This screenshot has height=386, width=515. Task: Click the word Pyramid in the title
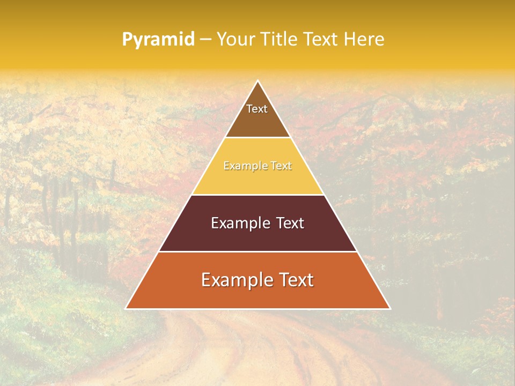coord(158,40)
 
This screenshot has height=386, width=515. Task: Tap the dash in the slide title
coord(206,40)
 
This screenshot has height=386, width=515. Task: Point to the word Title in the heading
coord(279,40)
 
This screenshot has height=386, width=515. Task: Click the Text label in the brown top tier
coord(257,109)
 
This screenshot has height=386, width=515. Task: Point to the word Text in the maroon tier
coord(290,223)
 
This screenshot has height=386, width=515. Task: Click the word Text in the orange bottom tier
coord(296,280)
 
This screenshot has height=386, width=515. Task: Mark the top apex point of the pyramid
coord(258,81)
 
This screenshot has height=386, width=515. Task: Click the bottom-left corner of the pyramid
coord(126,309)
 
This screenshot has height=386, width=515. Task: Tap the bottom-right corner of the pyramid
coord(390,309)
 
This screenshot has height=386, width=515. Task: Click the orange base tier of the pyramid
coord(258,298)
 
